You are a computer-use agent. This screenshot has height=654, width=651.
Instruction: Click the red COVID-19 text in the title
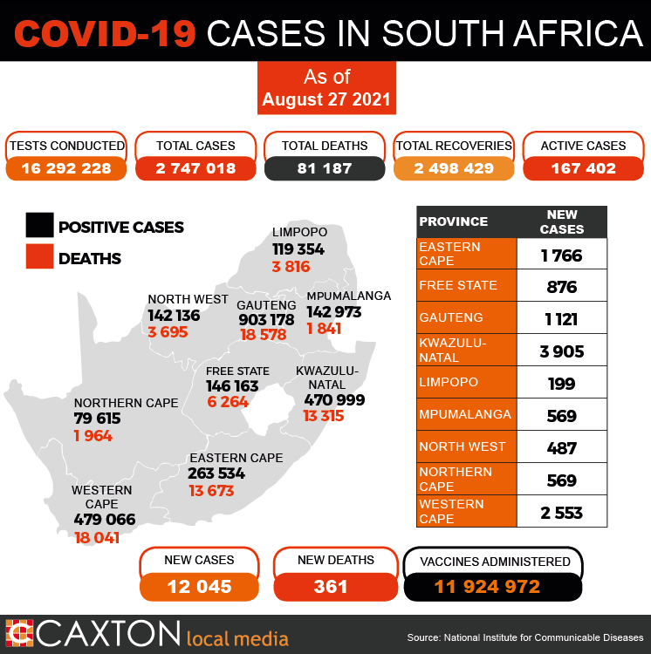[106, 33]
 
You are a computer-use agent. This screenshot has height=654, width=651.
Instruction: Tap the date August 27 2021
[326, 99]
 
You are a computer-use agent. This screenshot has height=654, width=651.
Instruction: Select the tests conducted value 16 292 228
[66, 168]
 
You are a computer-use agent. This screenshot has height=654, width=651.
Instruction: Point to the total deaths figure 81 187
[325, 168]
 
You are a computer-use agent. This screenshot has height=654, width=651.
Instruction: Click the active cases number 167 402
[584, 168]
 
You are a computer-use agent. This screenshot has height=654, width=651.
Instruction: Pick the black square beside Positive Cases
[39, 225]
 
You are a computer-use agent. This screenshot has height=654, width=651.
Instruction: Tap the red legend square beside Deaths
[39, 256]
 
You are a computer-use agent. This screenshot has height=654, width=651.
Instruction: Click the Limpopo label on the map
[299, 232]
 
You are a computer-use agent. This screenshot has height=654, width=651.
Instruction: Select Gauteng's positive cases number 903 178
[267, 320]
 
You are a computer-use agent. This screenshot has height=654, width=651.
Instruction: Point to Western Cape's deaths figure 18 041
[97, 538]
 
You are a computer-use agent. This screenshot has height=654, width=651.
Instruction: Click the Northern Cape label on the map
[126, 403]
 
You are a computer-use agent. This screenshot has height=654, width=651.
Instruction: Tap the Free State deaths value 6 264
[228, 402]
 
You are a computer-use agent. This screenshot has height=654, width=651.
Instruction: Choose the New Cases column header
[562, 221]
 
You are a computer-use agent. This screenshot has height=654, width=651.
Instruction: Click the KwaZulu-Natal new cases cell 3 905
[562, 351]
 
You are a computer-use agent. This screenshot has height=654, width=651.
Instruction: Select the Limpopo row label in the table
[449, 382]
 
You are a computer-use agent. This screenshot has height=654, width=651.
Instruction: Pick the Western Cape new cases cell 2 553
[562, 513]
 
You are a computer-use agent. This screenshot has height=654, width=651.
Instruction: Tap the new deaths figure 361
[331, 587]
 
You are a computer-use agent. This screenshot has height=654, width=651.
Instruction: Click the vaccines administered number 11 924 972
[488, 587]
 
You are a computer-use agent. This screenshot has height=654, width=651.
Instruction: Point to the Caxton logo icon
[19, 633]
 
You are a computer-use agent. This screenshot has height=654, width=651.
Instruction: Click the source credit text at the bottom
[525, 637]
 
